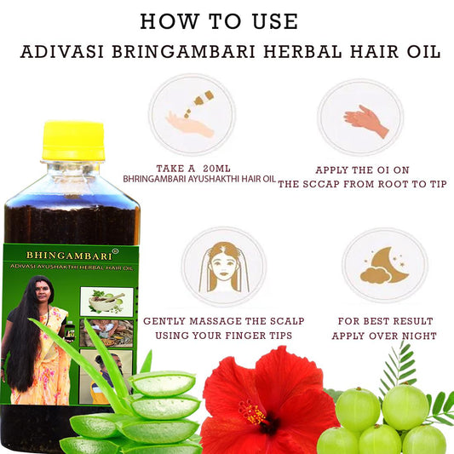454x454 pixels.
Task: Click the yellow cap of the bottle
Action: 73,141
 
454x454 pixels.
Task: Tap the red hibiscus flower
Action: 267,402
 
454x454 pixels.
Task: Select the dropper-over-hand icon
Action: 192,114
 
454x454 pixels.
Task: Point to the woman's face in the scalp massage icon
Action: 224,267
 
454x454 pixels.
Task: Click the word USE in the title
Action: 275,21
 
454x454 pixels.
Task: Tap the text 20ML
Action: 216,168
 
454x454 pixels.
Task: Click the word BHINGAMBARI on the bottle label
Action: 69,256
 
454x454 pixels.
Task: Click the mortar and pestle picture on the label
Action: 106,302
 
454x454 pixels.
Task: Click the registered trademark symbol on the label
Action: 115,250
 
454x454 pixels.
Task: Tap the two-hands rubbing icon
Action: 366,121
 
